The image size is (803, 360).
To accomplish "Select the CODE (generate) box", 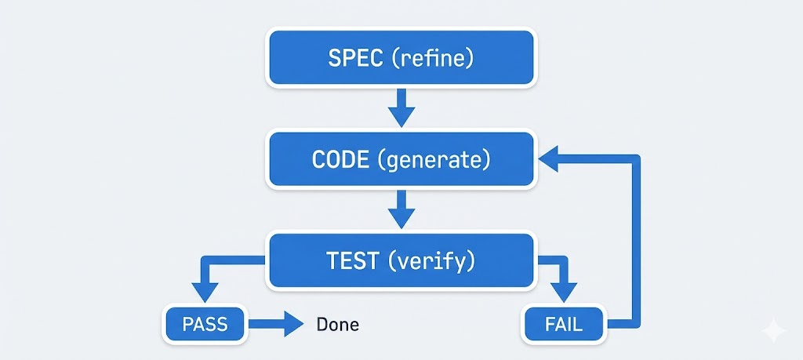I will point(401,159).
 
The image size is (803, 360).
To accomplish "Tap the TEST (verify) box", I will point(401,260).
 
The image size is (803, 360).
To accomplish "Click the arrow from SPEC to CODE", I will point(401,107).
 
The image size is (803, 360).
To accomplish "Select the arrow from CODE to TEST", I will point(401,209).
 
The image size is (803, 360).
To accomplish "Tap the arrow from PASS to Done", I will point(274,323).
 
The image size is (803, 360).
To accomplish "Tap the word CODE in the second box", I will point(341,159).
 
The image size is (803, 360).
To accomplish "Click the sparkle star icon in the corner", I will point(774,331).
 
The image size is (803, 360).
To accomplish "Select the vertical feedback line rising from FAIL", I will point(635,243).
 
